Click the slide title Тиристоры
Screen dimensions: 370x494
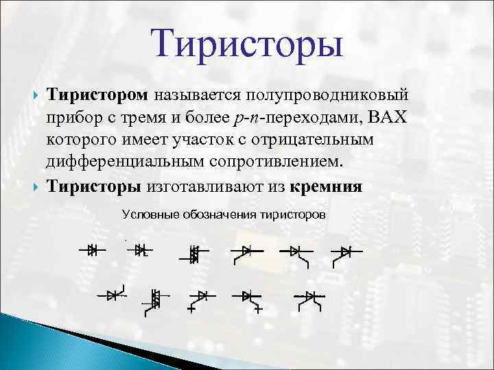pyautogui.click(x=248, y=42)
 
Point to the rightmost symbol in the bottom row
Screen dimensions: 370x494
pyautogui.click(x=310, y=297)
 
